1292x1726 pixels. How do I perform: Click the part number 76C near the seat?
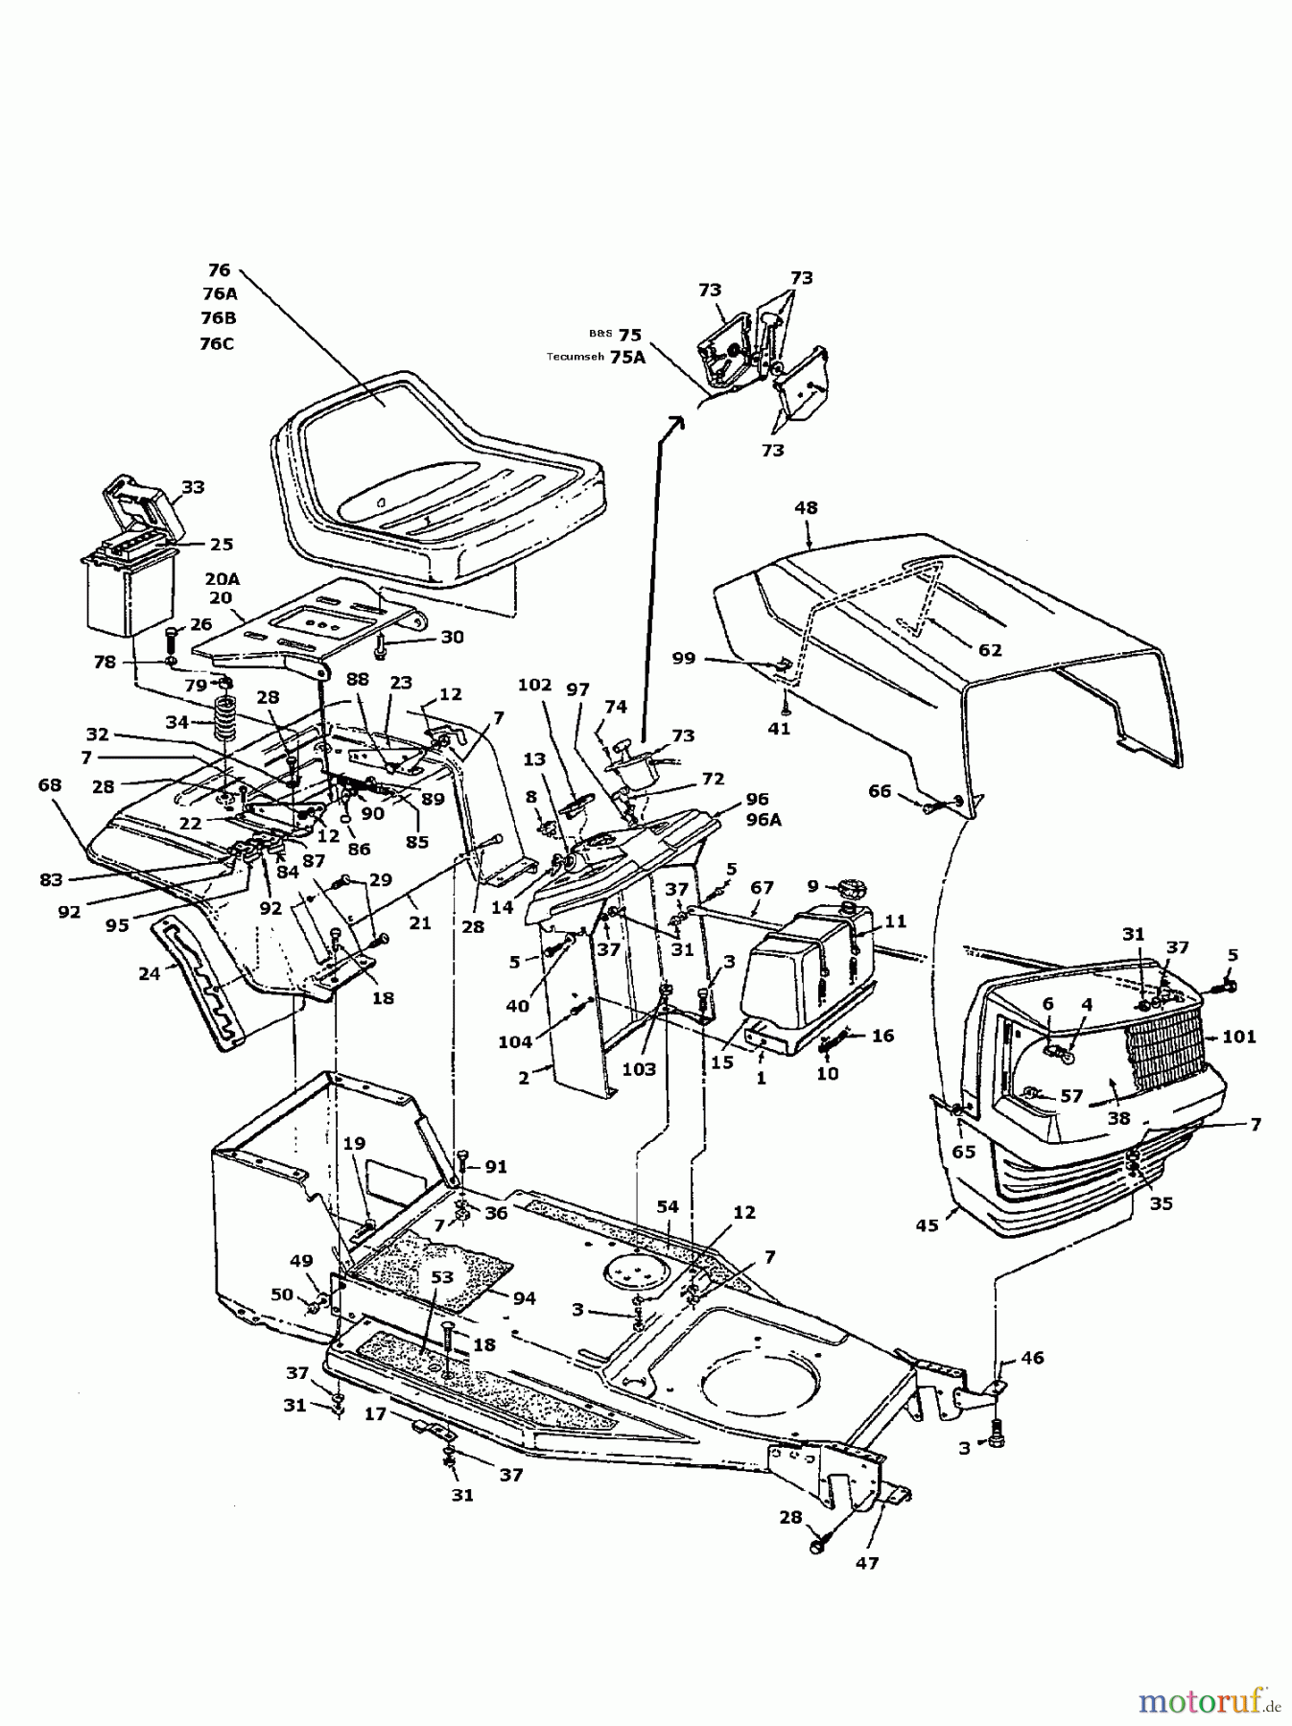pyautogui.click(x=217, y=343)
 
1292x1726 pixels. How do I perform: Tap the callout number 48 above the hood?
pyautogui.click(x=806, y=508)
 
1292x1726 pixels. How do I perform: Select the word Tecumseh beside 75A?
pyautogui.click(x=576, y=357)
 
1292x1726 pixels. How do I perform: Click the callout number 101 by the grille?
pyautogui.click(x=1239, y=1037)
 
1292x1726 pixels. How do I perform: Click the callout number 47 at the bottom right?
pyautogui.click(x=867, y=1563)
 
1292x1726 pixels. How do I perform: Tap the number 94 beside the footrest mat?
pyautogui.click(x=524, y=1298)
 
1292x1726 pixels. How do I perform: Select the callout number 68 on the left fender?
pyautogui.click(x=50, y=785)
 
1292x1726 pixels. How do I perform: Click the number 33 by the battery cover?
pyautogui.click(x=193, y=487)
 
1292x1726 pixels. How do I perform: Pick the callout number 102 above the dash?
pyautogui.click(x=534, y=685)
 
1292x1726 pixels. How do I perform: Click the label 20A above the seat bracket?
pyautogui.click(x=222, y=578)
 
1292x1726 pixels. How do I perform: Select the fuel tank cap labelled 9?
pyautogui.click(x=848, y=884)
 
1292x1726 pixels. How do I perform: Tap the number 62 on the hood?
pyautogui.click(x=989, y=650)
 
